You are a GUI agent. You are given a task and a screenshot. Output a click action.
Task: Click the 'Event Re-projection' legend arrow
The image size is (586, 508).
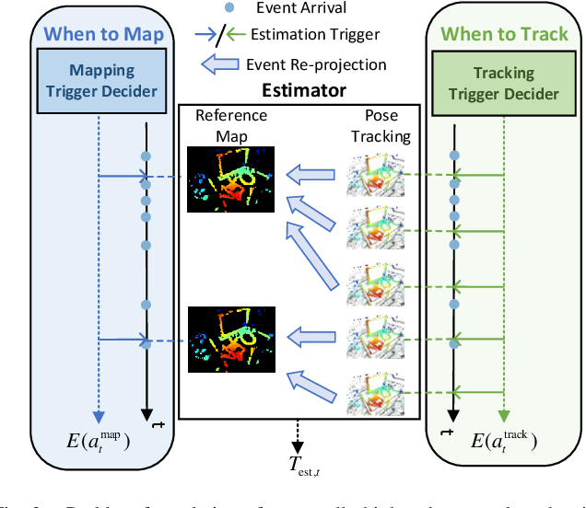click(x=221, y=64)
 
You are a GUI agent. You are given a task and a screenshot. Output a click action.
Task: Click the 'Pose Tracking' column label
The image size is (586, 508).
click(x=379, y=124)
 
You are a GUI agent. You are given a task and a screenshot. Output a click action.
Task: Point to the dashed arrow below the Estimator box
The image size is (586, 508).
click(x=297, y=433)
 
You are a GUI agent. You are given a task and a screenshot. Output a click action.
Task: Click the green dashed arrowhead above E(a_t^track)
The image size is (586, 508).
click(x=502, y=415)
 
